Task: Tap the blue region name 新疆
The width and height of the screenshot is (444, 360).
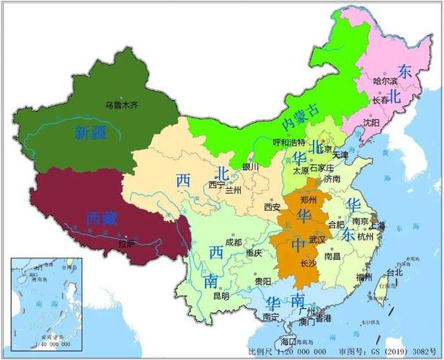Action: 90,132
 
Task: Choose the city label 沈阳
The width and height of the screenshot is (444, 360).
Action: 372,122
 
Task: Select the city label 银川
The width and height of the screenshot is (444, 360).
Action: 250,166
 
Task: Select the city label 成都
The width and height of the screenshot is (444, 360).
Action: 233,243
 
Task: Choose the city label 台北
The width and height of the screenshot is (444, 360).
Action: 395,273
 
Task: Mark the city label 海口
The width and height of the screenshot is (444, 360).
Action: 289,341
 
